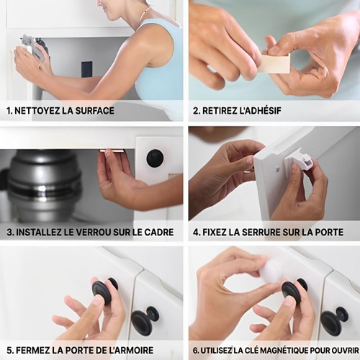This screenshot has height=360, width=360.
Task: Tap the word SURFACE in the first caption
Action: (94, 111)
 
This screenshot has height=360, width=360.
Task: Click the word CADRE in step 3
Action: (159, 232)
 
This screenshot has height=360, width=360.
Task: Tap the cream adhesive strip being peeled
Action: (275, 63)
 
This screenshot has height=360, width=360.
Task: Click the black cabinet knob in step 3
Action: (155, 158)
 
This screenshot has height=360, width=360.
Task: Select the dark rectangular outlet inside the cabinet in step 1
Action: (86, 69)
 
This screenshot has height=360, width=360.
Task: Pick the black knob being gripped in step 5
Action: (103, 291)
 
